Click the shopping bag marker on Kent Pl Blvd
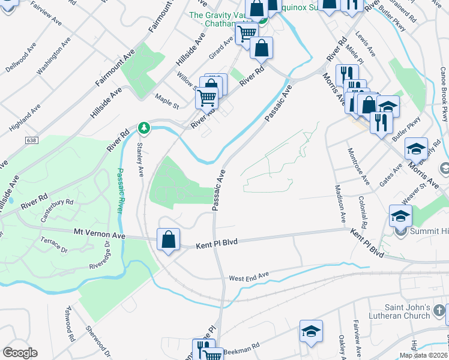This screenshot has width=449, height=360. (x=169, y=239)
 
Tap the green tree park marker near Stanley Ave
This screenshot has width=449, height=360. (x=143, y=127)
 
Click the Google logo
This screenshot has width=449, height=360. (x=20, y=353)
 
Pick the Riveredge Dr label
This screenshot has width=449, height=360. (x=100, y=255)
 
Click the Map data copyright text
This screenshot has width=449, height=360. (x=424, y=355)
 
